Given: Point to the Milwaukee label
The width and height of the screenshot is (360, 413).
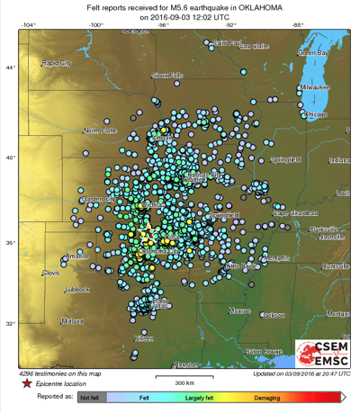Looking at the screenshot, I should coord(317,87).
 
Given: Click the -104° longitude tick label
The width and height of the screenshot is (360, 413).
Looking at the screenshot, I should coord(30,24).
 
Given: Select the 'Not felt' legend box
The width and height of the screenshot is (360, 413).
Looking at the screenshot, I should coord(89,396).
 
